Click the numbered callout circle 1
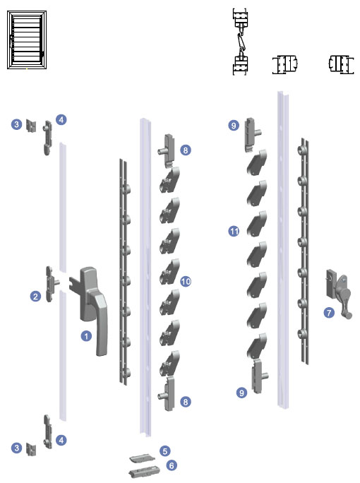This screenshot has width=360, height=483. (86, 335)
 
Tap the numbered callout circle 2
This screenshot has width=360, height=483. (35, 297)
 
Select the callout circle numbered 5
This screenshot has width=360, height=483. (165, 451)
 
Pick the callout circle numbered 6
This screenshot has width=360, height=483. (172, 465)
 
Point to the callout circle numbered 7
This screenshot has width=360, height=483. (329, 313)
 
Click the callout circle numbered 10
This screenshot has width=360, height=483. (186, 281)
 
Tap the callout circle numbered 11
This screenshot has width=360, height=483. (234, 231)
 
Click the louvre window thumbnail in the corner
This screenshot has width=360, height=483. (27, 40)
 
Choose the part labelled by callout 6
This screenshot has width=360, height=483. (144, 471)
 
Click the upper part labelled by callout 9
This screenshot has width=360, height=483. (253, 134)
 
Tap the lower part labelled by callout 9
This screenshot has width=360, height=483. (259, 376)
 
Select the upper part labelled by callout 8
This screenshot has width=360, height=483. (167, 151)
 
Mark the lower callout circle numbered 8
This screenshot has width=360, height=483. (185, 402)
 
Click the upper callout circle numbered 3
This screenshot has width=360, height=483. (17, 124)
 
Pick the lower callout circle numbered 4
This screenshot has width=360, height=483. (61, 440)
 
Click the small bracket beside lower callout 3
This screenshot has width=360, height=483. (31, 449)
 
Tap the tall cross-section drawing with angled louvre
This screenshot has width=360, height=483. (241, 42)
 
